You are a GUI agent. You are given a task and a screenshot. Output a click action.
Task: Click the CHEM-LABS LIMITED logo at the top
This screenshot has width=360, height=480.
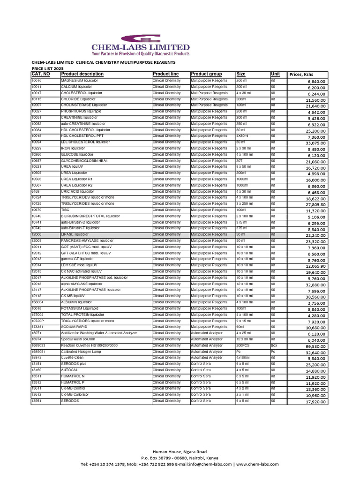(x=140, y=45)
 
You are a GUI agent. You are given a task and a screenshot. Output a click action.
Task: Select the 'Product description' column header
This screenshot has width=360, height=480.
(x=82, y=74)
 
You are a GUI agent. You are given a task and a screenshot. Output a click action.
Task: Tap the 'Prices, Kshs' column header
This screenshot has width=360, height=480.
(x=301, y=74)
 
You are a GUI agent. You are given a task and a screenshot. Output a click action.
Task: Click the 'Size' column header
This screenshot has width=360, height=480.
(x=241, y=74)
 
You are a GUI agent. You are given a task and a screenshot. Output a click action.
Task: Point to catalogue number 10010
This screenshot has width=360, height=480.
(x=36, y=81)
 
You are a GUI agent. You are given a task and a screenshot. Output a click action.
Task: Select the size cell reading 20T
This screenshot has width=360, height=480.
(x=240, y=161)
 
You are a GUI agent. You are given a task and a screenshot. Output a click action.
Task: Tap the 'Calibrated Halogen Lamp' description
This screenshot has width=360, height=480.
(x=82, y=352)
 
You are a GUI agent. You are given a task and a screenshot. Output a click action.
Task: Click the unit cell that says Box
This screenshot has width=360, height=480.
(x=274, y=345)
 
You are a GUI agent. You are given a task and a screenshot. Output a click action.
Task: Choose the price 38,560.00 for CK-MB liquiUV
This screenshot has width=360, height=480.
(x=315, y=297)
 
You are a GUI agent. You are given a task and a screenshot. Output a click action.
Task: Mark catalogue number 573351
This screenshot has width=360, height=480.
(x=37, y=327)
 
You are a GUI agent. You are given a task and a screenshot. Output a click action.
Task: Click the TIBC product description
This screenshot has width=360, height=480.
(x=65, y=210)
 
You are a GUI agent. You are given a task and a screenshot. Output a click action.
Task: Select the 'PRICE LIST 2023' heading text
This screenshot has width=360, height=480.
(x=47, y=68)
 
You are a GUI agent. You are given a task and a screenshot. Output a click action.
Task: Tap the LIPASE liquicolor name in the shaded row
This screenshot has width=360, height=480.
(x=75, y=234)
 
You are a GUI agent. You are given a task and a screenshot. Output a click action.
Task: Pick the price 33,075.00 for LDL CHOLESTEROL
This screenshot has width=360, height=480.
(x=315, y=143)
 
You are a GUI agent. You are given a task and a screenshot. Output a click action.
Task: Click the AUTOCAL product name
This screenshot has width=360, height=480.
(x=69, y=370)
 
